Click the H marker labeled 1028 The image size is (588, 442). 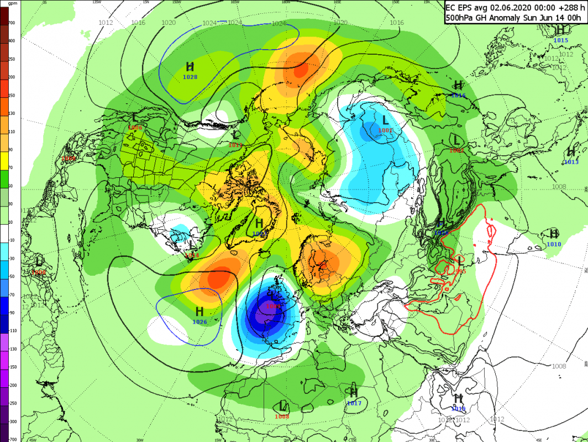coord(190,67)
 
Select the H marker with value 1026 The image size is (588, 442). coord(200,312)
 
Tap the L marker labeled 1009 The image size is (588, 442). coord(272,297)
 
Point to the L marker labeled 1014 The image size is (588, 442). coord(192,245)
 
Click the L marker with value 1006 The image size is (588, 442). coord(135,118)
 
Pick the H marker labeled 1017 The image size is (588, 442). coord(354,393)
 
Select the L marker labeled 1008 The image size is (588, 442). coord(282,406)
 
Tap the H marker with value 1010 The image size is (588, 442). coord(554,234)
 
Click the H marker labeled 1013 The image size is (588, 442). coord(571,152)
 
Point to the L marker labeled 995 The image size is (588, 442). coord(460,261)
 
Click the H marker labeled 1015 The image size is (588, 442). coord(560,32)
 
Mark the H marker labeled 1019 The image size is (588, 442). coord(458,398)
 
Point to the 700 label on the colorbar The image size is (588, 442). coord(12,23)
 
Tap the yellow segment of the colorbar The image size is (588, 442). coord(4,160)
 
